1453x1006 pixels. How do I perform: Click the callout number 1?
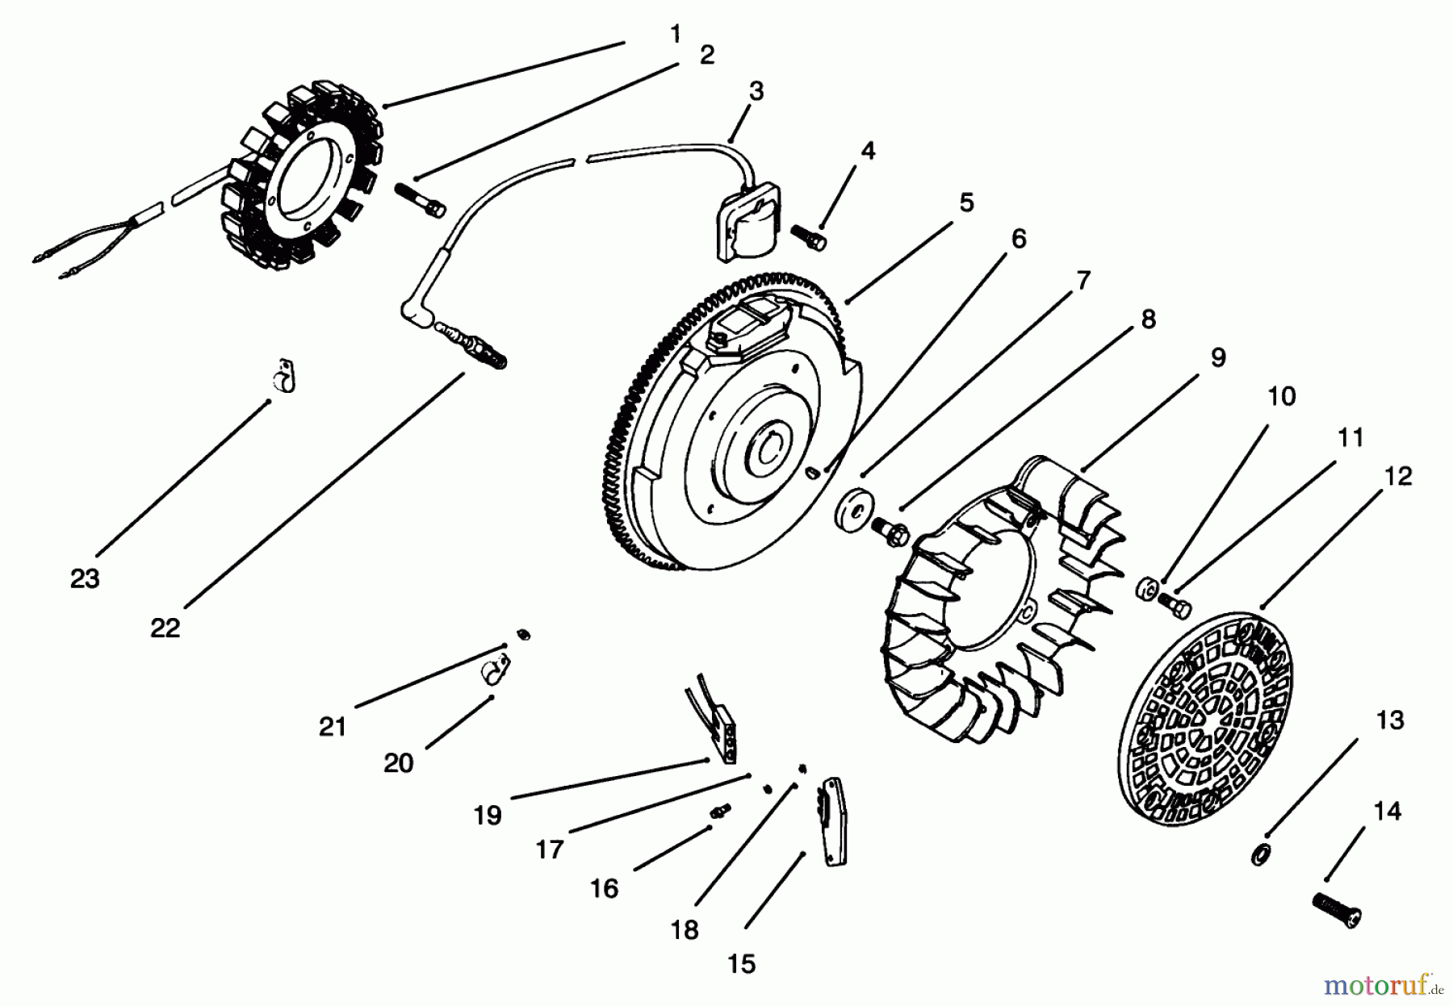(675, 34)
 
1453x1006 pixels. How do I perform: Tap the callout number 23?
(85, 578)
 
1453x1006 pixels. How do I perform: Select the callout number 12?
(1398, 476)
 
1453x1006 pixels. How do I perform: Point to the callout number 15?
(741, 963)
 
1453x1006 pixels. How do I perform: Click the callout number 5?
(966, 202)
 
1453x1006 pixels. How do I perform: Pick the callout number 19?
(488, 815)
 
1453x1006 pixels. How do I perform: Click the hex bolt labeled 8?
(892, 530)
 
